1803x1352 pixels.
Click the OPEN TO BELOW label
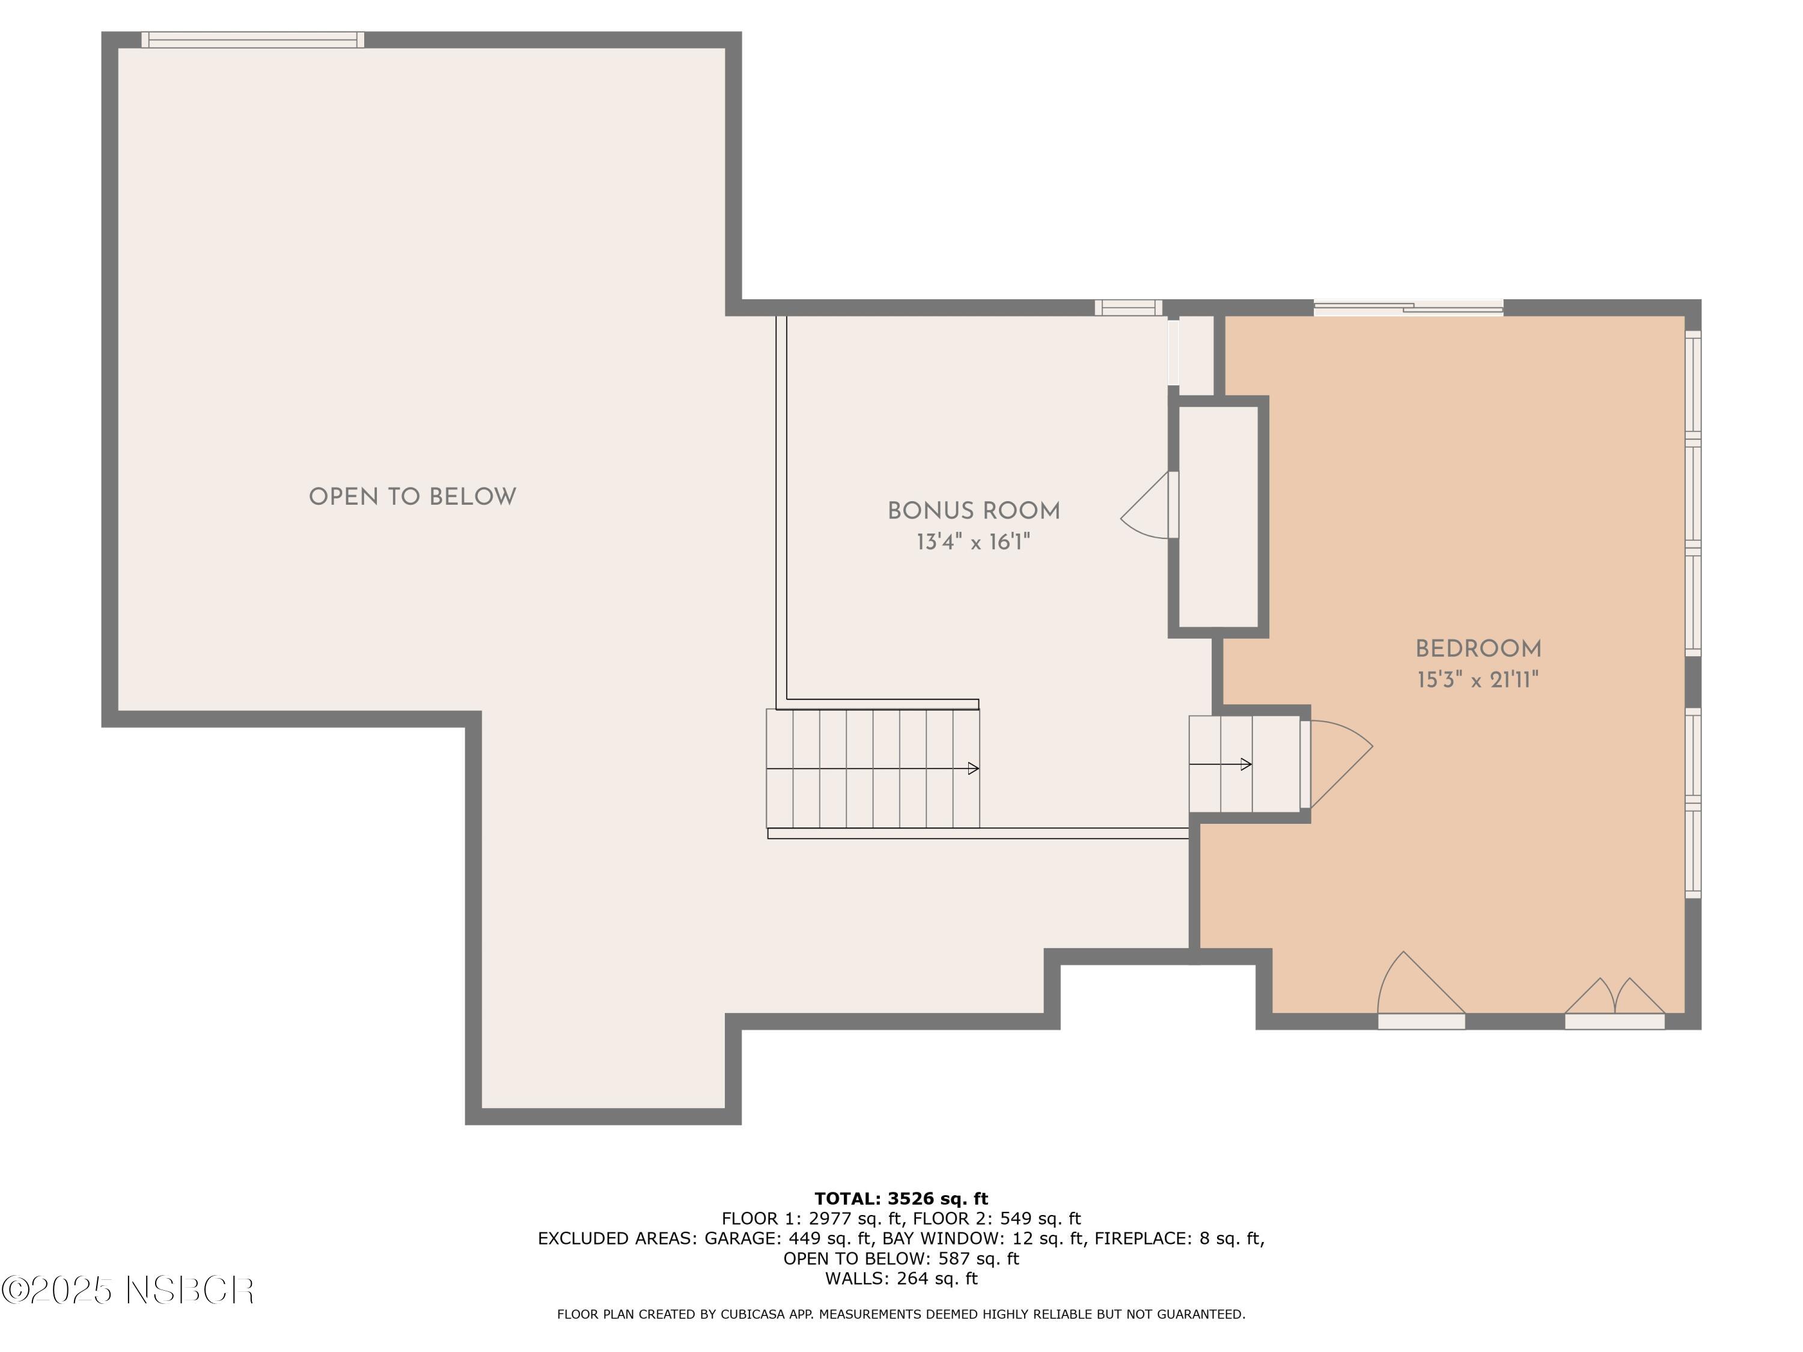(412, 497)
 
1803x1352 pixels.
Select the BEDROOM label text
(1478, 649)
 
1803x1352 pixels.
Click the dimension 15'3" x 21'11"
(1478, 680)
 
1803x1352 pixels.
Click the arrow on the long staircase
(972, 769)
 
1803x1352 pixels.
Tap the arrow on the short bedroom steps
(1245, 764)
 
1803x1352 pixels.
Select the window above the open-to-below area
(252, 40)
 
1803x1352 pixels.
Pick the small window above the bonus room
(1128, 308)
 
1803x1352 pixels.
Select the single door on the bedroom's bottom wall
(1420, 990)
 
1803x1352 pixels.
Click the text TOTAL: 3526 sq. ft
(901, 1199)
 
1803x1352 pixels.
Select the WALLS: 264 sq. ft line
(901, 1279)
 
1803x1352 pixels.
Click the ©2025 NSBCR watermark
(128, 1291)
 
